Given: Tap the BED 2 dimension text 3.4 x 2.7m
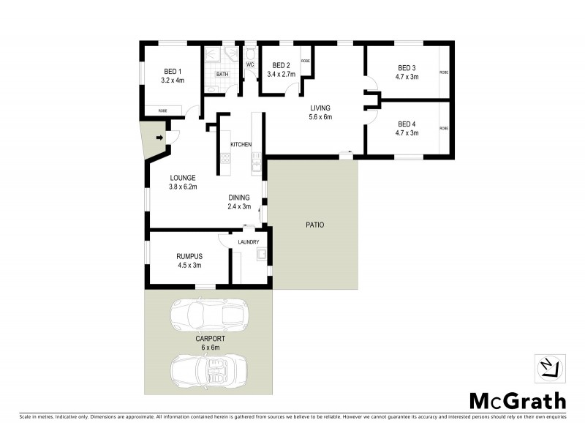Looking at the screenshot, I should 281,75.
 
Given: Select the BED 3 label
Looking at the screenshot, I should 407,67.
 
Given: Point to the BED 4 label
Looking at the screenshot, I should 407,124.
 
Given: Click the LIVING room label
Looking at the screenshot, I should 320,108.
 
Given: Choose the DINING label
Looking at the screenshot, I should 238,198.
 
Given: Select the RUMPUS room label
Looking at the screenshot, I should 189,256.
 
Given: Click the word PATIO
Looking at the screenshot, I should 315,225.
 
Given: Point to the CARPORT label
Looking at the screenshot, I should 210,339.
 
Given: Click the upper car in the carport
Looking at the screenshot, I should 209,314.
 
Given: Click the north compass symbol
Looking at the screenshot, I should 550,368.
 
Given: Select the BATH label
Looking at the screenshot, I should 222,74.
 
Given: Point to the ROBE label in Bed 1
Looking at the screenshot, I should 162,110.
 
